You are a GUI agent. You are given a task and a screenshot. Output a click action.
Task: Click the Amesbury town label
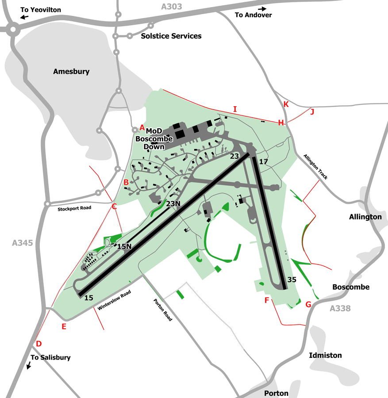(x=71, y=71)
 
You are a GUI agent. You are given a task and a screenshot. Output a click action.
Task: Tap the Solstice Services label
(x=171, y=36)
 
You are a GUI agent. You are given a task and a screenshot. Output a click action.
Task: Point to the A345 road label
(x=23, y=242)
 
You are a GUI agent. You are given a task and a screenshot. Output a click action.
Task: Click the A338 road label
(x=340, y=308)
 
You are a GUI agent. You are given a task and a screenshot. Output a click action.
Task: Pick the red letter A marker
(x=142, y=127)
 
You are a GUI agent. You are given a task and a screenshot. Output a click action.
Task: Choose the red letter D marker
(x=38, y=344)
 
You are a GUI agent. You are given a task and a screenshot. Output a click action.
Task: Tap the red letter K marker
(x=286, y=104)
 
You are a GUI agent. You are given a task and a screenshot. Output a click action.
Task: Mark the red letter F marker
(x=267, y=301)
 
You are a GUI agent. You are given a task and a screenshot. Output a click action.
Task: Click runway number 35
(x=292, y=279)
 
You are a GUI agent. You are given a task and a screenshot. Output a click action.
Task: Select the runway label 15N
(x=124, y=246)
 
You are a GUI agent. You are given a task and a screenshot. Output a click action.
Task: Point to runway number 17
(x=264, y=161)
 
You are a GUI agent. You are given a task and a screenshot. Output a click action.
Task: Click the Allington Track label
(x=316, y=166)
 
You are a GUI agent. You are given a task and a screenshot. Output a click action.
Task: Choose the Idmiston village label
(x=325, y=355)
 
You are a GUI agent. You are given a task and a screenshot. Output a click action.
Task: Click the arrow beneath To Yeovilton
(x=24, y=17)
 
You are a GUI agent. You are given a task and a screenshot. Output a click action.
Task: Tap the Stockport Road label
(x=74, y=208)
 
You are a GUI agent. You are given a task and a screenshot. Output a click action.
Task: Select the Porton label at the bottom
(x=276, y=393)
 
